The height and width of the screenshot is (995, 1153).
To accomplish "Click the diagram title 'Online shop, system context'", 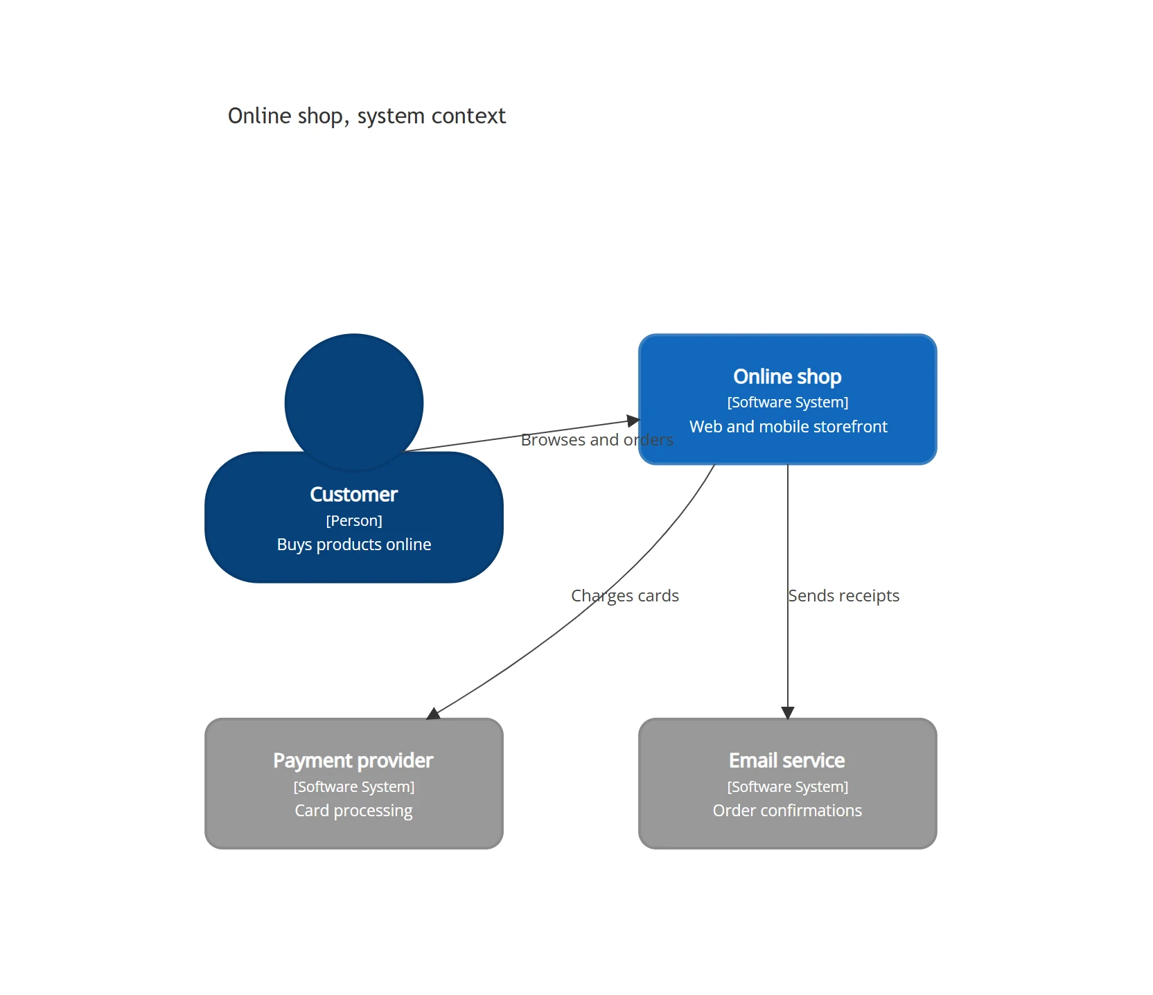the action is (367, 116).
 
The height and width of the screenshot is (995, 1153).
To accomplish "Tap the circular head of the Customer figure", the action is (354, 403).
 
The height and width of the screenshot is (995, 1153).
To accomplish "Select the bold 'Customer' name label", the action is (354, 494).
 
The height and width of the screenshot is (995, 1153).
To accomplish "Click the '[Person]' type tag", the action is (354, 520).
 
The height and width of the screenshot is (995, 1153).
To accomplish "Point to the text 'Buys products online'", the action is (354, 545).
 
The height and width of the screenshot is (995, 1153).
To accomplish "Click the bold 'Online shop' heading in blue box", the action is (788, 376).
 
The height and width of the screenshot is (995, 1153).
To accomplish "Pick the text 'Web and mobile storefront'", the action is (788, 427).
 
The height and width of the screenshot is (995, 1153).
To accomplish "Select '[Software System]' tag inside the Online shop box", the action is (788, 403).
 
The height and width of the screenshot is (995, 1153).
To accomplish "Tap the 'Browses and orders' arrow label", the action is (597, 440).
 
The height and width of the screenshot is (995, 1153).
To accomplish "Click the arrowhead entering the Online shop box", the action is (633, 421).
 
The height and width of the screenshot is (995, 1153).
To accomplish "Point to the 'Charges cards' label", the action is (625, 596).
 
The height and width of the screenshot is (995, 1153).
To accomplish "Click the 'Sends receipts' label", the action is (844, 596).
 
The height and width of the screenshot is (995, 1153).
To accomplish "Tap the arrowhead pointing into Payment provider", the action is (433, 714).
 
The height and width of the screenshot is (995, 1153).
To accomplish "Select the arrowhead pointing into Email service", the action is (788, 713).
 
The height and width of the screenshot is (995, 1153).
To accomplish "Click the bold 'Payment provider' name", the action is (353, 761).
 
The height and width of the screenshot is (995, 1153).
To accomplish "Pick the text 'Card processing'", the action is (353, 811).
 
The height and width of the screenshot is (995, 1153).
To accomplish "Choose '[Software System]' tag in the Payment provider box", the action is (354, 787).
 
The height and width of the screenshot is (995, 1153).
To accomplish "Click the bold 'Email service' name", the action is (787, 761).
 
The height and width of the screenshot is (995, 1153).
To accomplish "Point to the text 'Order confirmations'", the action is (788, 811).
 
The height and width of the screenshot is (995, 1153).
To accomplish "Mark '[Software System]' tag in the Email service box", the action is (788, 787).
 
